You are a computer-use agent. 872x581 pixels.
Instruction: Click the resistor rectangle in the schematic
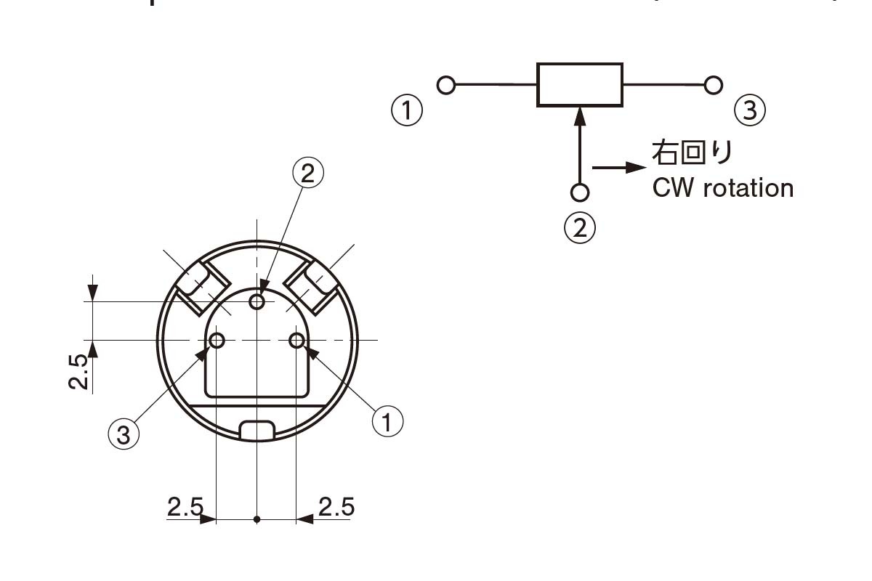coord(579,85)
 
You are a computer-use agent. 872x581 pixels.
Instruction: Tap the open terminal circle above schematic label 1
coord(446,86)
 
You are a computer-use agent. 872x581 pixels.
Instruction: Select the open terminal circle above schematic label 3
coord(714,85)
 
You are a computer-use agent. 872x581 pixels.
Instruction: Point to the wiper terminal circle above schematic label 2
coord(580,192)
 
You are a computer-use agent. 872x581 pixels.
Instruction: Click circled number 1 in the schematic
coord(407,111)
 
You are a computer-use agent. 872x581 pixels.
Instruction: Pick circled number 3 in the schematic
coord(750,111)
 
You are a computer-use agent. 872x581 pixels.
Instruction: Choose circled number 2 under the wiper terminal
coord(580,227)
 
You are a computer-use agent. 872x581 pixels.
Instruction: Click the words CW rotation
coord(722,188)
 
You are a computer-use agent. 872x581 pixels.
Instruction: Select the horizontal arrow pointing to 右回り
coord(618,167)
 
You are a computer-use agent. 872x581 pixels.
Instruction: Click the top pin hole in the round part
coord(257,301)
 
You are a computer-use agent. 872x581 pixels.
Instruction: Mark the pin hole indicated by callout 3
coord(217,340)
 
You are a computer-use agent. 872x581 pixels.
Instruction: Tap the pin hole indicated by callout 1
coord(296,340)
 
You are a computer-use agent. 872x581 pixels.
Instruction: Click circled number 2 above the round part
coord(307,173)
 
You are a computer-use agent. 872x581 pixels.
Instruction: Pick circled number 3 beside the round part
coord(123,434)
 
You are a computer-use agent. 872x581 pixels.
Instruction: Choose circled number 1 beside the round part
coord(387,420)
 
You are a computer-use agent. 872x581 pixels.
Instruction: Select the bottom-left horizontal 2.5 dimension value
coord(185,506)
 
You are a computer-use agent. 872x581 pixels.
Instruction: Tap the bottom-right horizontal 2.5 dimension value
coord(336,506)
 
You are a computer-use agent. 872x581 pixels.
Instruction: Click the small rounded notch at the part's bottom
coord(257,429)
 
